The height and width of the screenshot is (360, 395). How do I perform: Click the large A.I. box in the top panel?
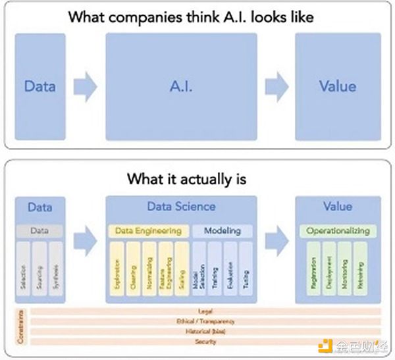[x=181, y=86]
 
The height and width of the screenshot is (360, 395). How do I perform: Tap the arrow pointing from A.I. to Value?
[x=276, y=86]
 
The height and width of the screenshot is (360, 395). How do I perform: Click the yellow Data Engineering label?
[x=148, y=231]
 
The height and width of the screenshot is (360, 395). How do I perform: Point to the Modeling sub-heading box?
[x=223, y=231]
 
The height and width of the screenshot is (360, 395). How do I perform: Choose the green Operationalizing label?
[x=338, y=231]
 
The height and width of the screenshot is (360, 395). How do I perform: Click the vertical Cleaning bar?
[x=132, y=270]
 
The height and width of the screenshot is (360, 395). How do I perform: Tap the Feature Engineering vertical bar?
[x=165, y=270]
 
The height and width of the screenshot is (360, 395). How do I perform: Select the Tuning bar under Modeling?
[x=245, y=270]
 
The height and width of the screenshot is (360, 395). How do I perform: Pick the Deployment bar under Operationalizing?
[x=329, y=270]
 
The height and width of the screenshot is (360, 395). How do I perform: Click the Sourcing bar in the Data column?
[x=39, y=270]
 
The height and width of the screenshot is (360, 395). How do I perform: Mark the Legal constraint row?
[x=205, y=311]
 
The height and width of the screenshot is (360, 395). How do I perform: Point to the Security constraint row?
[x=205, y=342]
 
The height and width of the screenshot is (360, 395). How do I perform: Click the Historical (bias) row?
[x=205, y=332]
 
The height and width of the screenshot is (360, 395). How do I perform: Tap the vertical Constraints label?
[x=20, y=326]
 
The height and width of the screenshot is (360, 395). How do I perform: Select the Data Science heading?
[x=181, y=207]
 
